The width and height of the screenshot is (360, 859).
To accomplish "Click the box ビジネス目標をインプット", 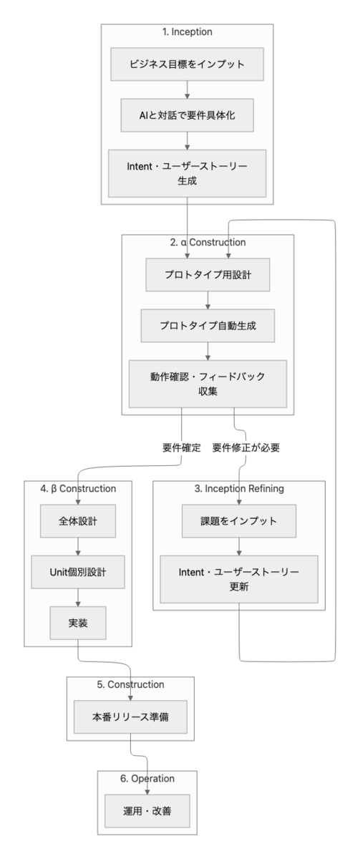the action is click(x=187, y=64).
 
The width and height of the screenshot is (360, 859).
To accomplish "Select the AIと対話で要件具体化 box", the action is click(x=187, y=115).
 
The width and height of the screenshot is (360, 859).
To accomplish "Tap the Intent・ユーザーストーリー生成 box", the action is click(x=187, y=173).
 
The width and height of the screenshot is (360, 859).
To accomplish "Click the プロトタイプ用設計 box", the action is click(x=208, y=275).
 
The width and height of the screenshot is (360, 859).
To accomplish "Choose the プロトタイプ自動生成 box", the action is click(x=208, y=326).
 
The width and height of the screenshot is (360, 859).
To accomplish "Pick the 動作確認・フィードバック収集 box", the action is click(x=208, y=384).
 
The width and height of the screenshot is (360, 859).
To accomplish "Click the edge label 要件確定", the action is click(x=181, y=447).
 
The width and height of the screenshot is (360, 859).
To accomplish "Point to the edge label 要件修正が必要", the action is click(x=245, y=447).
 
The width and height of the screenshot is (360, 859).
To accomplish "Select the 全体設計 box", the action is click(x=78, y=521).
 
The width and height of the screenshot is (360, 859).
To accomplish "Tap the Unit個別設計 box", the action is click(x=78, y=572).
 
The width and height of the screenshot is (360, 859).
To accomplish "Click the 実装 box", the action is click(x=78, y=623).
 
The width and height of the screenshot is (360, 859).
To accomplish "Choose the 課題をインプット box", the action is click(x=239, y=521).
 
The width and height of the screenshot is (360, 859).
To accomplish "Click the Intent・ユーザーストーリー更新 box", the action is click(x=239, y=579).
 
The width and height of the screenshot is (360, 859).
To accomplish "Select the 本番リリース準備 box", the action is click(x=130, y=717).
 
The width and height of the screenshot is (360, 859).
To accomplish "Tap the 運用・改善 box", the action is click(x=147, y=810).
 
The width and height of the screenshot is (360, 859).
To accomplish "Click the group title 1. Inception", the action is click(x=187, y=31).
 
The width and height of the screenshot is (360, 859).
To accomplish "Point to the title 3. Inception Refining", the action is click(x=239, y=488).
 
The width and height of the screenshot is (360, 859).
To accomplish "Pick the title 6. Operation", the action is click(x=147, y=778).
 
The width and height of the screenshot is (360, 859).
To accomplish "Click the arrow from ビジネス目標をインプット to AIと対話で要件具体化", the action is click(x=187, y=89).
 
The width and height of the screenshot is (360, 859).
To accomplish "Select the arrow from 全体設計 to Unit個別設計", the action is click(x=78, y=546).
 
